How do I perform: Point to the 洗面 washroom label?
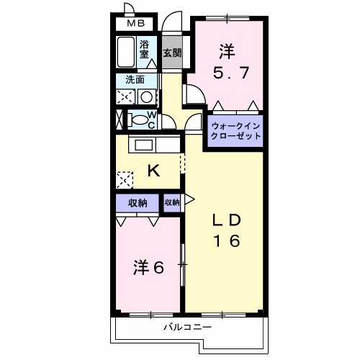point(135,79)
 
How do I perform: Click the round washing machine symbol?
point(146,96)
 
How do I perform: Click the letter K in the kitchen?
point(153,171)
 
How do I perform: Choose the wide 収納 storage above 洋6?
point(138,203)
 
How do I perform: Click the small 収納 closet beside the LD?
point(171,202)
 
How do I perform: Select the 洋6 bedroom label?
point(148,268)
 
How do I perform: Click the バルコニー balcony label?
point(186,328)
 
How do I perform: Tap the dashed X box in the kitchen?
point(125,179)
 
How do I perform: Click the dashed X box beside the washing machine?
point(125,96)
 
